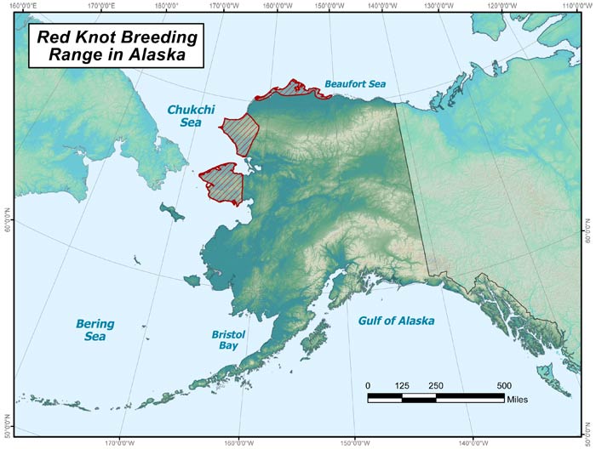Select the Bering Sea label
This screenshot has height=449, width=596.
(x=95, y=330)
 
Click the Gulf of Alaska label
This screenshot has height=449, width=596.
(x=396, y=321)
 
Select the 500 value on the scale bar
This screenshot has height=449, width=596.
(x=503, y=385)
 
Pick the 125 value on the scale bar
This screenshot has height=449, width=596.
(x=402, y=385)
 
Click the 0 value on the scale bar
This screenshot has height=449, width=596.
(x=368, y=385)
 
